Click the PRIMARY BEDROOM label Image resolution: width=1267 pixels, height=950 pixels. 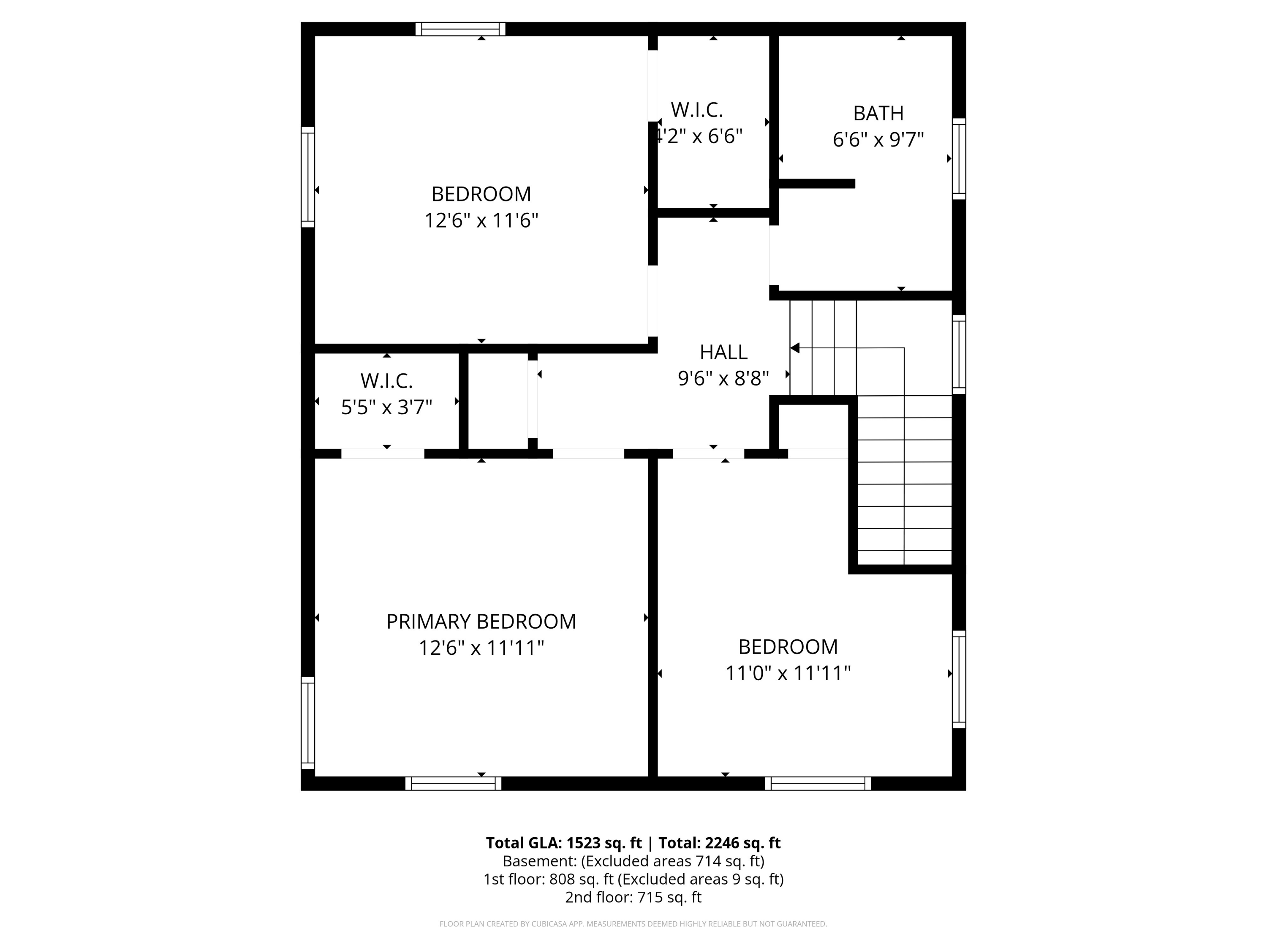(481, 622)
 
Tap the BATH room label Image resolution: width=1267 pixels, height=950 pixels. (878, 114)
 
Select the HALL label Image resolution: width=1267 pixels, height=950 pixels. (723, 352)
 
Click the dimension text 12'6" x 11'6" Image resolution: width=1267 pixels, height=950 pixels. (481, 220)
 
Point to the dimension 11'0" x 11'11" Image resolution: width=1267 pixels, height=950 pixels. (788, 673)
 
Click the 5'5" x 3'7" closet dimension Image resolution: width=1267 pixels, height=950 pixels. (386, 407)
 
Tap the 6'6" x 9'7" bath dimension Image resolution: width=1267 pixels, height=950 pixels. (878, 140)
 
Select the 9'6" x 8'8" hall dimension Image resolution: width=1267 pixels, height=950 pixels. (723, 378)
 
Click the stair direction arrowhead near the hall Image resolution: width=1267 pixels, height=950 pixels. (795, 347)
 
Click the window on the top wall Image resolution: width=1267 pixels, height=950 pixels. (460, 29)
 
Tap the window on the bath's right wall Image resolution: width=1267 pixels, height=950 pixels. (959, 159)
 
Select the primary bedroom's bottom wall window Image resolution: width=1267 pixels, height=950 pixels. (453, 783)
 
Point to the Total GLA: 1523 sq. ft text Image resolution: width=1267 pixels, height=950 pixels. (564, 843)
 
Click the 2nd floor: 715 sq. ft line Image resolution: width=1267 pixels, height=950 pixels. (633, 897)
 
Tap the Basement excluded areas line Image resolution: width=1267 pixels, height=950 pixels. (633, 861)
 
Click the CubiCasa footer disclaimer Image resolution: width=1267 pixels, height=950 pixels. (633, 924)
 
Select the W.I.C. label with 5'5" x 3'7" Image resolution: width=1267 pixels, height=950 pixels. (386, 381)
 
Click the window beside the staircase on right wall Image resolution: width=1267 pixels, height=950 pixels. (959, 354)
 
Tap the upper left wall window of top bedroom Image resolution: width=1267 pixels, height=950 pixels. (308, 177)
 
